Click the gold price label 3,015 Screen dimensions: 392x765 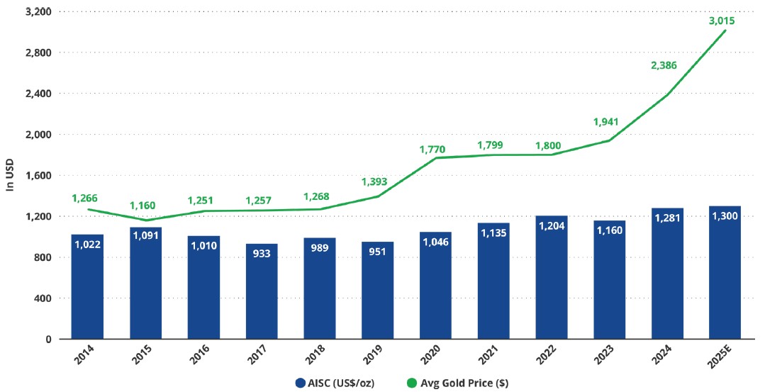pos(722,21)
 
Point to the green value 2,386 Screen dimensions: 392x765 pos(664,65)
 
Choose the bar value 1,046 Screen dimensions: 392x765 pos(435,242)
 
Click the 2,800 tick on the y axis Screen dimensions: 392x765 pos(33,52)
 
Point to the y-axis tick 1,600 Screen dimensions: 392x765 pos(33,175)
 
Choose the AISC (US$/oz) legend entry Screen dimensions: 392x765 pos(335,383)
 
